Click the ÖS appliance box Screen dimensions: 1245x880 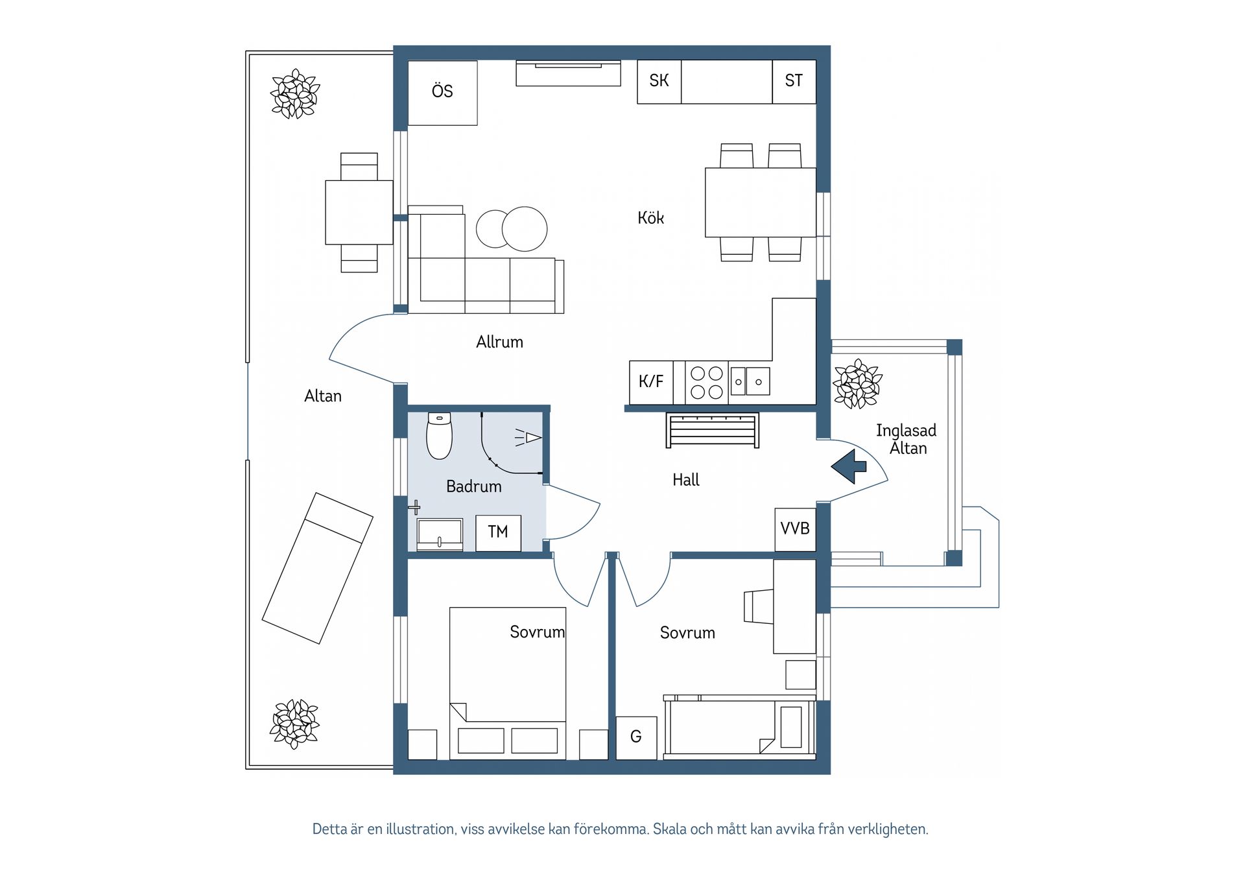443,93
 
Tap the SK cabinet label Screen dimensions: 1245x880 659,81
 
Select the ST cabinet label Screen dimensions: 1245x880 794,81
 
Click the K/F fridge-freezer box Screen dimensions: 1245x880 651,383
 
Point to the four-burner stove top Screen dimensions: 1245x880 707,383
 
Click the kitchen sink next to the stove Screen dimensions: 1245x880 750,381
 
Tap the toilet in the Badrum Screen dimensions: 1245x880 439,436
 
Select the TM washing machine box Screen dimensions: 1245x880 498,533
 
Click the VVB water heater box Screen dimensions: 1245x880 796,529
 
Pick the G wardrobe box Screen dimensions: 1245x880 636,737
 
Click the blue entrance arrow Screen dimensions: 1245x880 849,466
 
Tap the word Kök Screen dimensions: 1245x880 650,218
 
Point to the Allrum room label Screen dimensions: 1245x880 499,342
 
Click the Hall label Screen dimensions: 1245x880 686,480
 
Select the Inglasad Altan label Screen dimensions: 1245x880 907,439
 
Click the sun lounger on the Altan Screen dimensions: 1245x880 318,568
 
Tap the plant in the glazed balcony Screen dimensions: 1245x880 857,384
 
